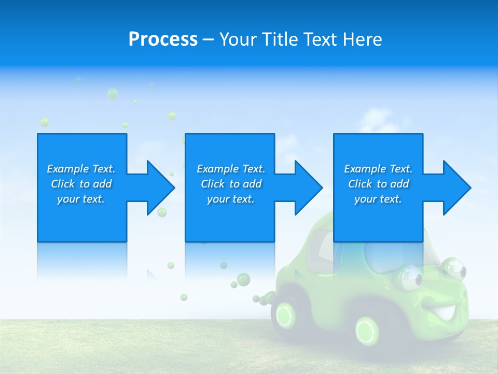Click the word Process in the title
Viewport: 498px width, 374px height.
[x=163, y=39]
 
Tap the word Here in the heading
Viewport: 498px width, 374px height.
[x=363, y=39]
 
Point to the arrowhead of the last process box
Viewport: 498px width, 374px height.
[x=454, y=188]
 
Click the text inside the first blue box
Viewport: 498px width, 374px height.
[x=81, y=184]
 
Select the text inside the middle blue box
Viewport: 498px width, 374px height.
[x=230, y=184]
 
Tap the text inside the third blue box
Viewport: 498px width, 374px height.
[x=378, y=184]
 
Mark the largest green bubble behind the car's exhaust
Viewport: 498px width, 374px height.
[x=243, y=279]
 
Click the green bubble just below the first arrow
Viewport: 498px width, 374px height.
[x=162, y=212]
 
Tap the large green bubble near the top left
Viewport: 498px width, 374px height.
[x=113, y=94]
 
